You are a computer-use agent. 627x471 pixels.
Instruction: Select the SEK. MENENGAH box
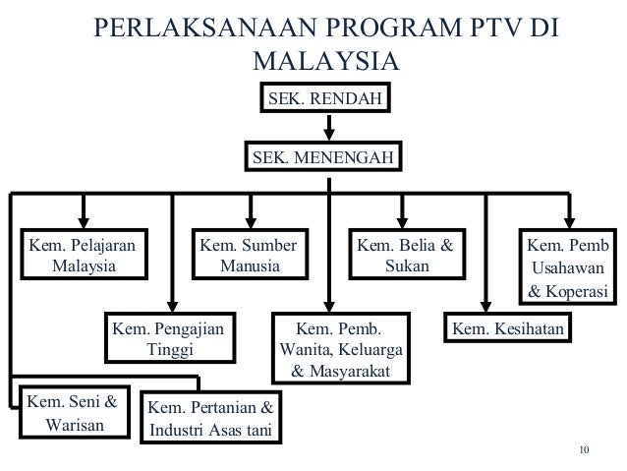(324, 157)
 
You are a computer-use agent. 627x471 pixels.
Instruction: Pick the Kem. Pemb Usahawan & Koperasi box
(567, 266)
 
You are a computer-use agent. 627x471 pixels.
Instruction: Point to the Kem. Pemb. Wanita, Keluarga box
(331, 349)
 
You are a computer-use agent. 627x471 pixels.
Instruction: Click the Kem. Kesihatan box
(508, 327)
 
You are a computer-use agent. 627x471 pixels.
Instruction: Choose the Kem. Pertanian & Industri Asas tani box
(210, 420)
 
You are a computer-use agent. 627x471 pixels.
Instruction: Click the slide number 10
(586, 451)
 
